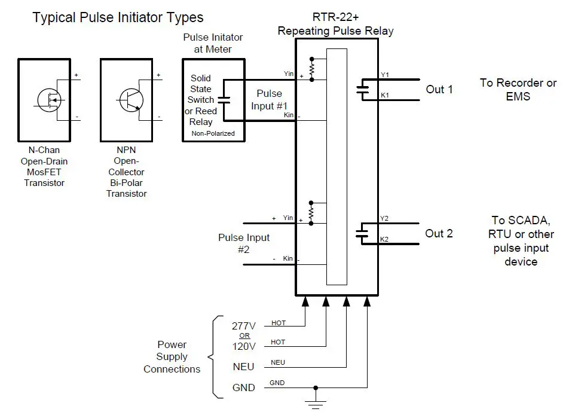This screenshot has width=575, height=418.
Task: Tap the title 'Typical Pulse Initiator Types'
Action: (x=118, y=17)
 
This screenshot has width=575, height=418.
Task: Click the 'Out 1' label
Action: (x=439, y=89)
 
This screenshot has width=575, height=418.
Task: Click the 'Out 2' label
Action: (x=439, y=233)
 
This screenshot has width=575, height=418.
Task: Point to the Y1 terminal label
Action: (x=385, y=75)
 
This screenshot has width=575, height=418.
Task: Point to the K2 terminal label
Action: (x=385, y=239)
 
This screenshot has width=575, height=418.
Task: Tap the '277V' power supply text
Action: (x=243, y=326)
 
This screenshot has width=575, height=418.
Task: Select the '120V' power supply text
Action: (x=243, y=346)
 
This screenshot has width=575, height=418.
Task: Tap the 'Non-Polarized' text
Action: (x=212, y=133)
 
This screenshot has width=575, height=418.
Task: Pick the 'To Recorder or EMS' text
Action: (x=518, y=89)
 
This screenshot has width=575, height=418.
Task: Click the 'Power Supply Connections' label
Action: (x=172, y=357)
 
